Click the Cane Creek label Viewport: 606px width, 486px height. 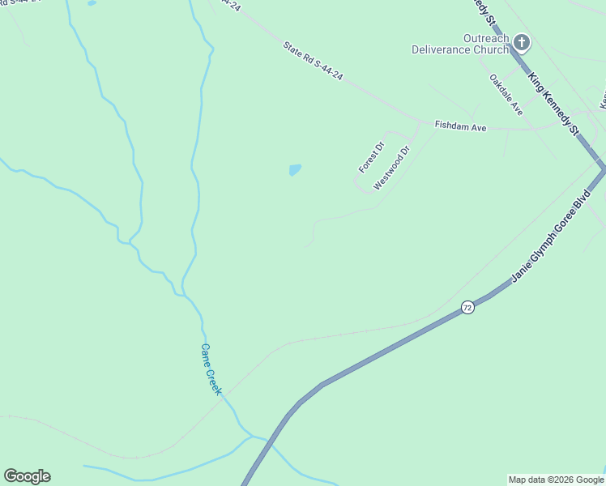[x=211, y=369]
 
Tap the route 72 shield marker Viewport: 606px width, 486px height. [x=467, y=307]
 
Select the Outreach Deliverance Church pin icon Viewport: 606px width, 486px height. [x=522, y=42]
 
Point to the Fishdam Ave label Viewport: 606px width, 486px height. [x=460, y=126]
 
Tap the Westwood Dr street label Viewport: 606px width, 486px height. [x=392, y=168]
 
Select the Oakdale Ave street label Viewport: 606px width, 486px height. [x=506, y=95]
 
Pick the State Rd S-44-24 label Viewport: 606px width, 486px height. [x=314, y=61]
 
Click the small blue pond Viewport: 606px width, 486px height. [x=295, y=170]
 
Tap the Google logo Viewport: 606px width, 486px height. [x=27, y=476]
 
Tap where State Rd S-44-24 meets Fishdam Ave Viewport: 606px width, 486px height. [x=421, y=122]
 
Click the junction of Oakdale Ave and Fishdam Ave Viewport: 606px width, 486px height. [x=531, y=128]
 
